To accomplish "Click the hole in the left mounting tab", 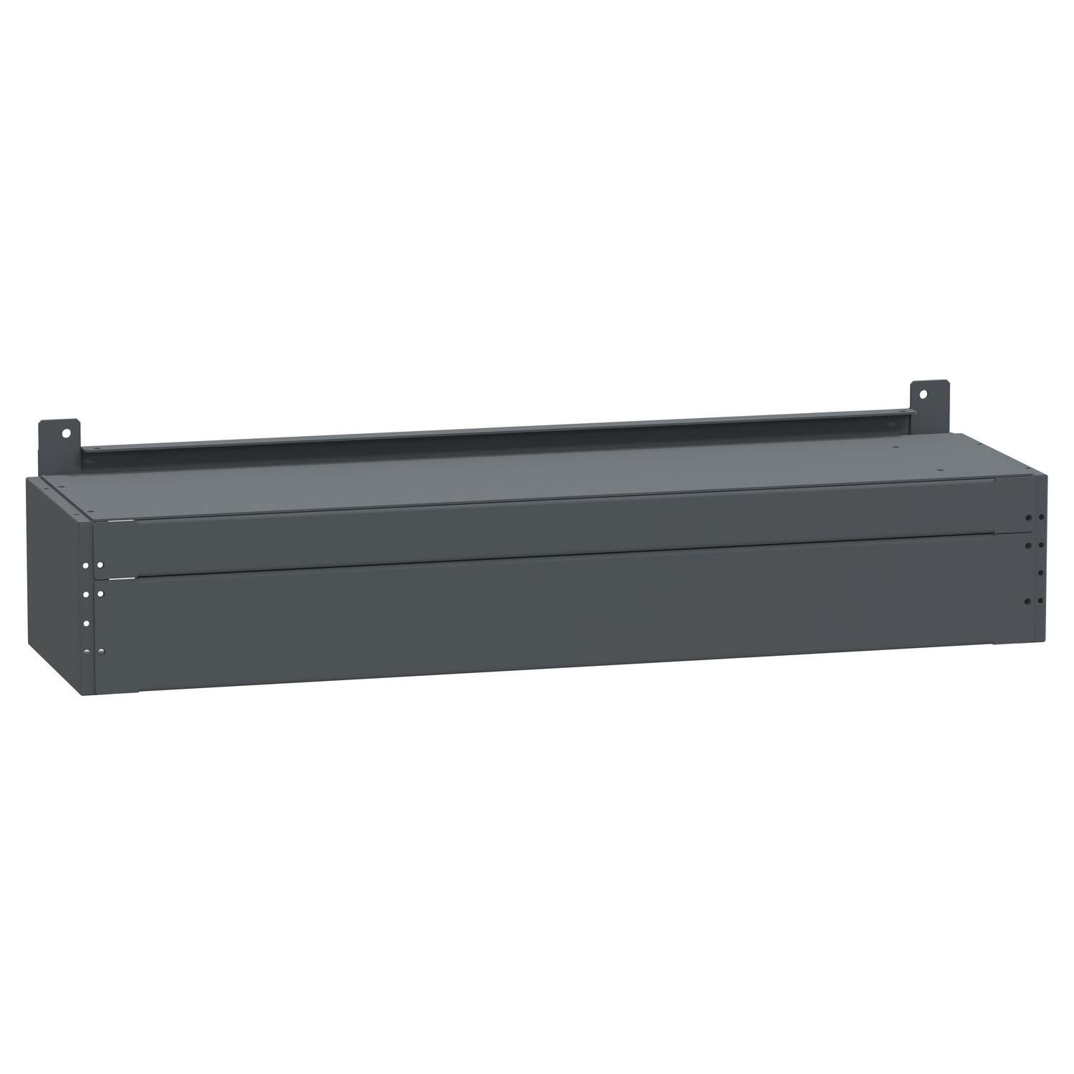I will tap(66, 432).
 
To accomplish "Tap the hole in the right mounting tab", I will tap(923, 393).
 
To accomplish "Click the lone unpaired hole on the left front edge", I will tap(86, 624).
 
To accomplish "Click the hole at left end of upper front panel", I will tap(100, 565).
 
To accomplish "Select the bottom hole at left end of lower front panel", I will tap(101, 652).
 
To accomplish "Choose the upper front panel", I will tap(558, 526).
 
